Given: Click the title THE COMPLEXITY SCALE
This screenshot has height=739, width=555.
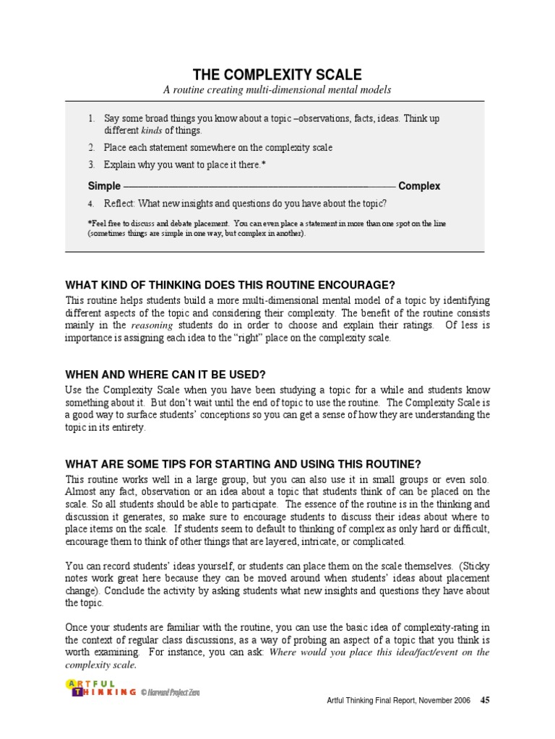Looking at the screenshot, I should click(x=277, y=75).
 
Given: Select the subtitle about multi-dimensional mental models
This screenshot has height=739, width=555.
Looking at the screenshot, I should click(x=277, y=90).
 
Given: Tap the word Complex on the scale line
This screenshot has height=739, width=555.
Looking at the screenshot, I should click(x=419, y=185).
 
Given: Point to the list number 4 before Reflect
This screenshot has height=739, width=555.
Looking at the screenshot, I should click(x=91, y=204).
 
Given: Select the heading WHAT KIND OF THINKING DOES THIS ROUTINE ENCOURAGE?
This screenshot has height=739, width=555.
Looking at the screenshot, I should click(x=231, y=284).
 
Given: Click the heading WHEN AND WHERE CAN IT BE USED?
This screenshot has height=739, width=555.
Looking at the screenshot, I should click(x=166, y=375).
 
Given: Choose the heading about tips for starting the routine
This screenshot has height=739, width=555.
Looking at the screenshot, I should click(x=243, y=464).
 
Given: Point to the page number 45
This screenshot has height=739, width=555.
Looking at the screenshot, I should click(x=485, y=700).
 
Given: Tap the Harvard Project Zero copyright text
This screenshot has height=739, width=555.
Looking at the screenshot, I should click(x=170, y=692).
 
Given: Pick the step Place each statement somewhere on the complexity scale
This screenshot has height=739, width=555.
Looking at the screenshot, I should click(x=218, y=147).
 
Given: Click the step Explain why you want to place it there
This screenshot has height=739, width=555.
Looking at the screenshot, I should click(x=184, y=165).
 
